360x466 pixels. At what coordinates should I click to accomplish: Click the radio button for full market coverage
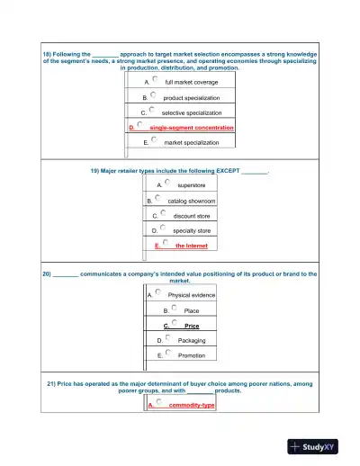tap(155, 79)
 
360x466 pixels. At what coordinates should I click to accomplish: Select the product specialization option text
tap(191, 97)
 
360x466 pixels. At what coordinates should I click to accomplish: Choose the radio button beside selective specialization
tap(152, 110)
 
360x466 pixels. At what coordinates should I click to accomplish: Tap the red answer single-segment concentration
tap(191, 128)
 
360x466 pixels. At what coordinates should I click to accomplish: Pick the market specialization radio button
tap(155, 139)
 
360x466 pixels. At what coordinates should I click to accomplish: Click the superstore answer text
tap(191, 185)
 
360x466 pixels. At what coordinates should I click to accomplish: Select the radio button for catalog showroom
tap(157, 198)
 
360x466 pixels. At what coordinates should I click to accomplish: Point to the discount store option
tap(191, 216)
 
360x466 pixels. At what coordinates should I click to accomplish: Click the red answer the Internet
tap(191, 246)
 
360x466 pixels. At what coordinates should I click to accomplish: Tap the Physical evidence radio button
tap(157, 292)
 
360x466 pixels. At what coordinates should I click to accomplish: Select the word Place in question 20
tap(191, 310)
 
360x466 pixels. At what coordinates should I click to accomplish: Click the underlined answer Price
tap(191, 326)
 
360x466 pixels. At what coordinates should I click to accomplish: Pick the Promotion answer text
tap(191, 355)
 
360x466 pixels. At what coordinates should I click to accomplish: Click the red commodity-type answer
tap(193, 405)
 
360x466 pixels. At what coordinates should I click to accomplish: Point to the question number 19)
tap(95, 169)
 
